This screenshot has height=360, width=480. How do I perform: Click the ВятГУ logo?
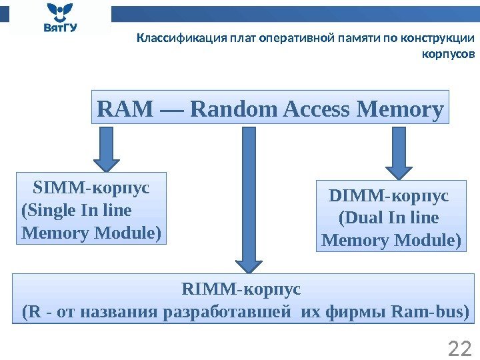(59, 18)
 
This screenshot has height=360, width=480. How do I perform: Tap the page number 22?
(459, 347)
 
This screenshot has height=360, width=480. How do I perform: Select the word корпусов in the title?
(449, 53)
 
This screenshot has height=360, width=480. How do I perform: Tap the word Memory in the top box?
(400, 108)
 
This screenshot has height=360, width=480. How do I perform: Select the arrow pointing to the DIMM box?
(399, 154)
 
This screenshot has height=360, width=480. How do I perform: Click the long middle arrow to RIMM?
(249, 200)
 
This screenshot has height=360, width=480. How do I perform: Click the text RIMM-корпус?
(241, 290)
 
